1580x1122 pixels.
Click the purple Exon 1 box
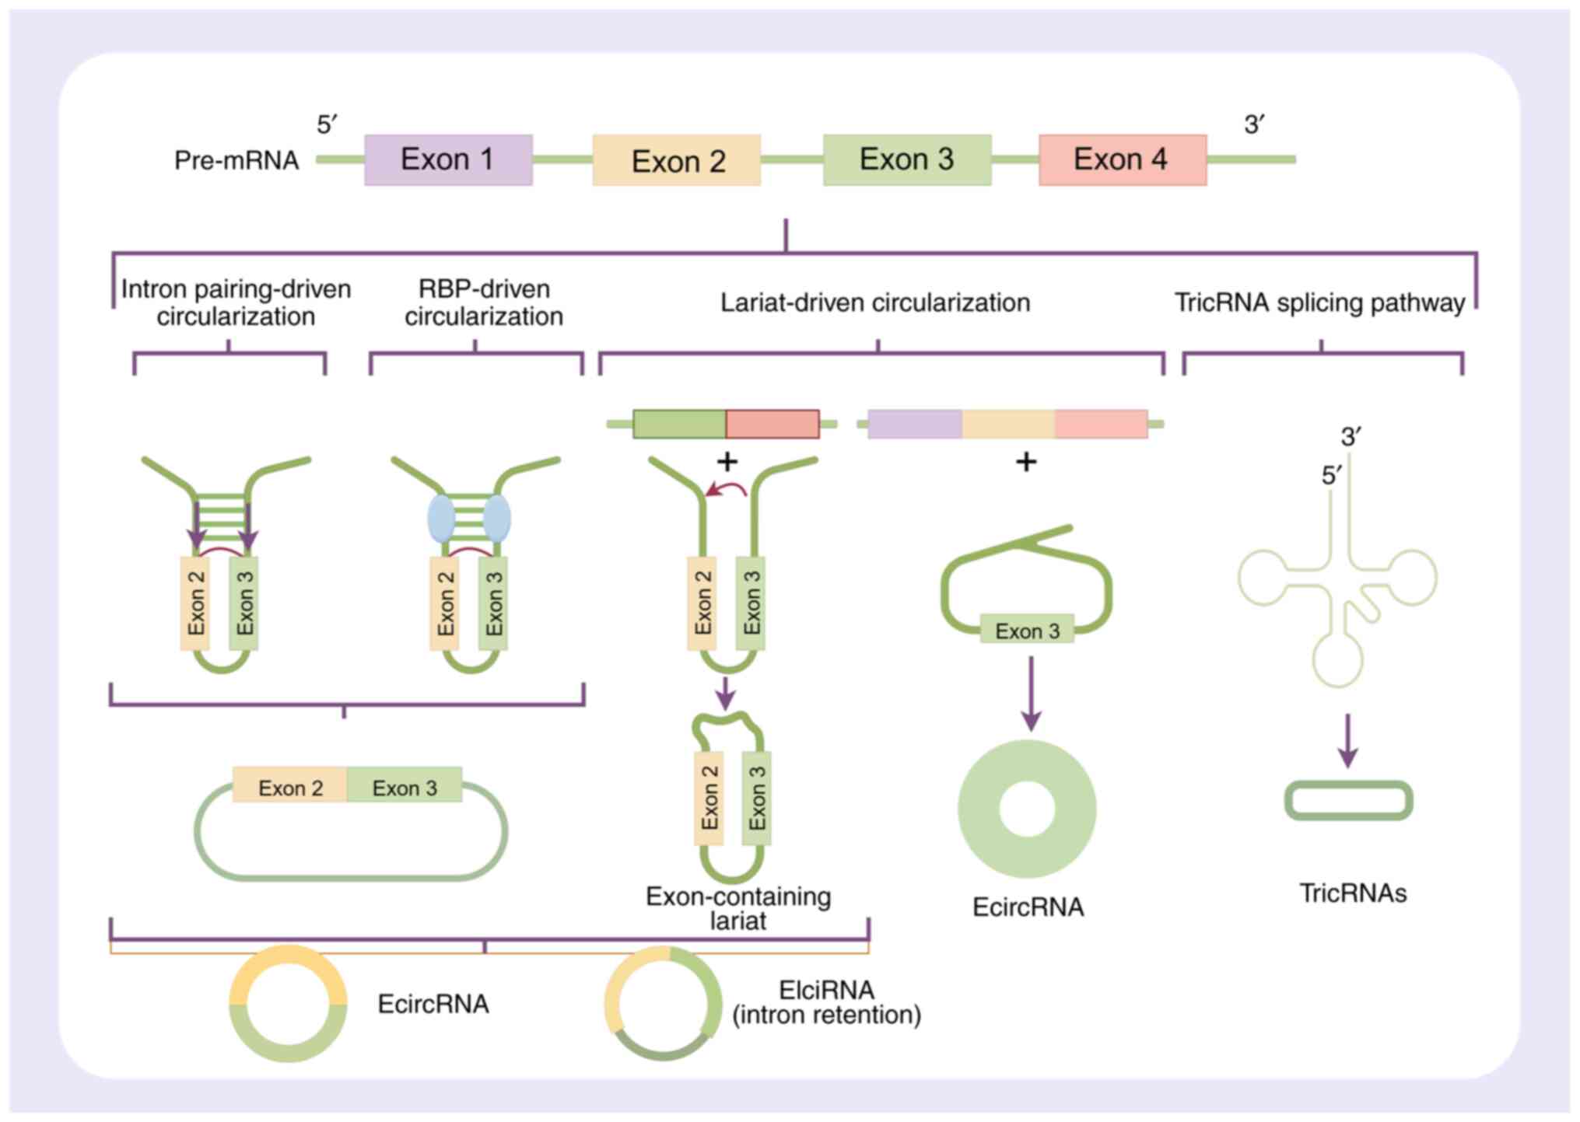coord(448,159)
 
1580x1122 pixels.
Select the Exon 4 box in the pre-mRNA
coord(1123,159)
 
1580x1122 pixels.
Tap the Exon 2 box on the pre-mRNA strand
coord(676,159)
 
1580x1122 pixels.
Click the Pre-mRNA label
coord(236,160)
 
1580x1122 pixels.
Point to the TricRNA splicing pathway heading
coord(1319,302)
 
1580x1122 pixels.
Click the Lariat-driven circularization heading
coord(875,302)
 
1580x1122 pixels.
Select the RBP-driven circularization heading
coord(484,302)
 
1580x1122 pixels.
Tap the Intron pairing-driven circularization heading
coord(236,302)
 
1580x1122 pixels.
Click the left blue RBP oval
coord(441,519)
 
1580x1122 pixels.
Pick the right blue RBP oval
coord(497,519)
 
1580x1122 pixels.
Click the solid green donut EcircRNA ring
coord(1027,809)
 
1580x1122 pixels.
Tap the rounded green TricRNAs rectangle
coord(1348,800)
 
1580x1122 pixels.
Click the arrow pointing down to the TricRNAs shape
coord(1348,741)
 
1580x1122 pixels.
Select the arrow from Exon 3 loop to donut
coord(1031,694)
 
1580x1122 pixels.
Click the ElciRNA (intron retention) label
coord(826,1002)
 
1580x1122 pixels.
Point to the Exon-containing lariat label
coord(738,908)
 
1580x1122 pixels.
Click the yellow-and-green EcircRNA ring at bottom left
coord(288,1004)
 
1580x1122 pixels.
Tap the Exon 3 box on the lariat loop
coord(1027,631)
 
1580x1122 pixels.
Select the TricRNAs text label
coord(1353,893)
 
